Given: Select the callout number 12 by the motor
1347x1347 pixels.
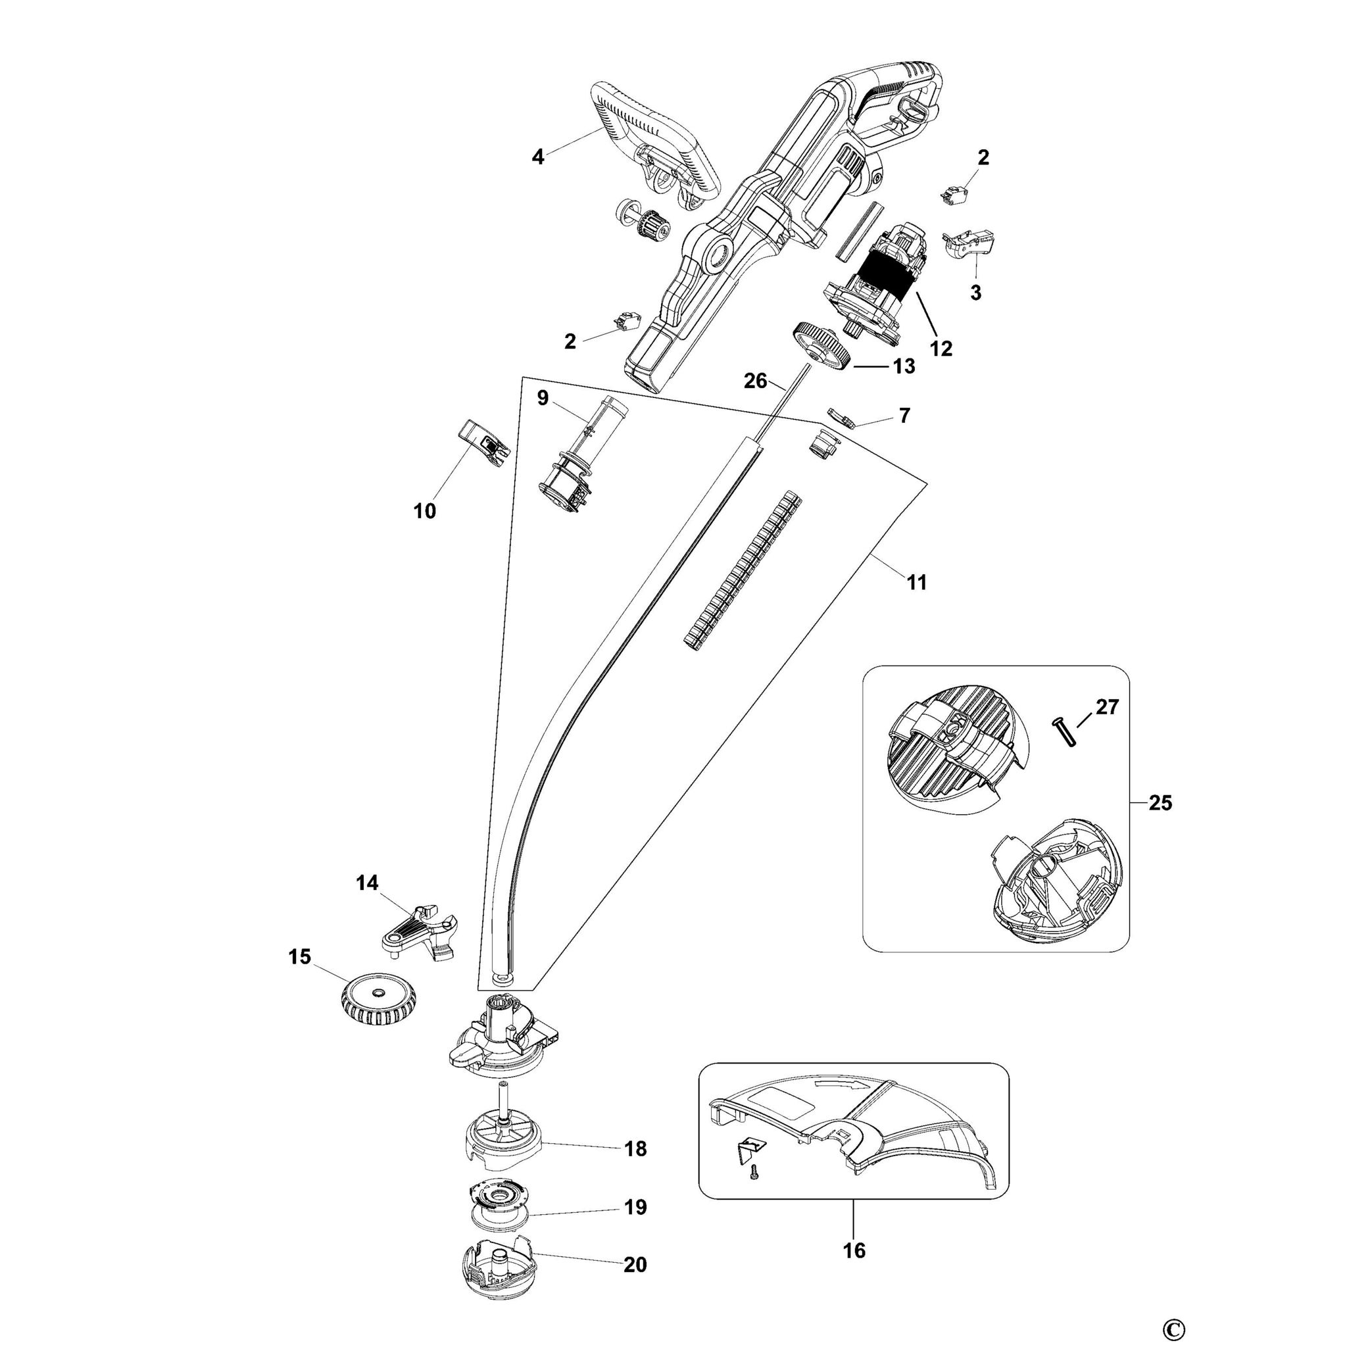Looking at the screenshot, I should click(x=941, y=348).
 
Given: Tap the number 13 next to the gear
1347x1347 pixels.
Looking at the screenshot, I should click(x=904, y=366).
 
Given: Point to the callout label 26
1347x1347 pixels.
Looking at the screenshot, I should click(x=756, y=381).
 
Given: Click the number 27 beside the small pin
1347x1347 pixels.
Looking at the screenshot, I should click(x=1107, y=707).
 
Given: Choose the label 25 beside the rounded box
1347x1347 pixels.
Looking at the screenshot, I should click(x=1160, y=803).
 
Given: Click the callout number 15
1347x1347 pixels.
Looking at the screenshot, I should click(x=300, y=957).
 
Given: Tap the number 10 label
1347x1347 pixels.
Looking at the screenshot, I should click(x=425, y=511).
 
